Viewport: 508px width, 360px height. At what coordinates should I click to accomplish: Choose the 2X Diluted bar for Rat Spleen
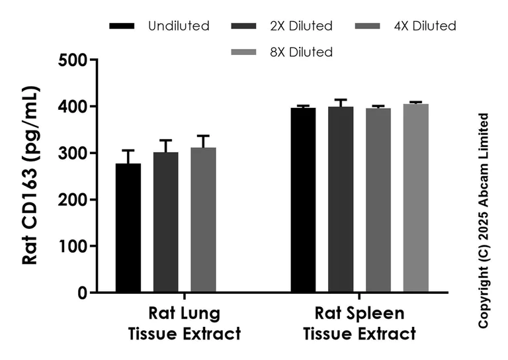pos(341,199)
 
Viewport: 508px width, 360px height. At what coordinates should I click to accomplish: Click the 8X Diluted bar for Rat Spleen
pos(416,198)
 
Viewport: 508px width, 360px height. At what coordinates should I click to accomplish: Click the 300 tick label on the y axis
pos(73,154)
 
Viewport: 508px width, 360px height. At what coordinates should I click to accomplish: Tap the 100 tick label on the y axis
pos(73,246)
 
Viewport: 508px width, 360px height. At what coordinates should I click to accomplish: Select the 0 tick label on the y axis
pos(83,292)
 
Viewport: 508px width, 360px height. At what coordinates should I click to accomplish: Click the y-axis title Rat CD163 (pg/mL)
pos(31,175)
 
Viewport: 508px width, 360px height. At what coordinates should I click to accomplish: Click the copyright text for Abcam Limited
pos(484,220)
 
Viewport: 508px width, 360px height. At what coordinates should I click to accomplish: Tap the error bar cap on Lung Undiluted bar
pos(128,150)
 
